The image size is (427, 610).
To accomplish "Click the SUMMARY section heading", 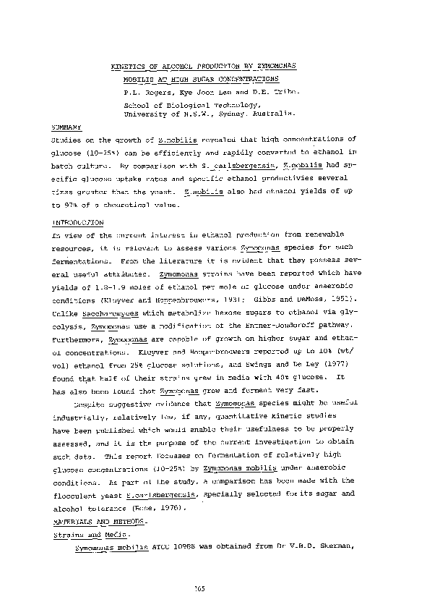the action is [64, 126].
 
